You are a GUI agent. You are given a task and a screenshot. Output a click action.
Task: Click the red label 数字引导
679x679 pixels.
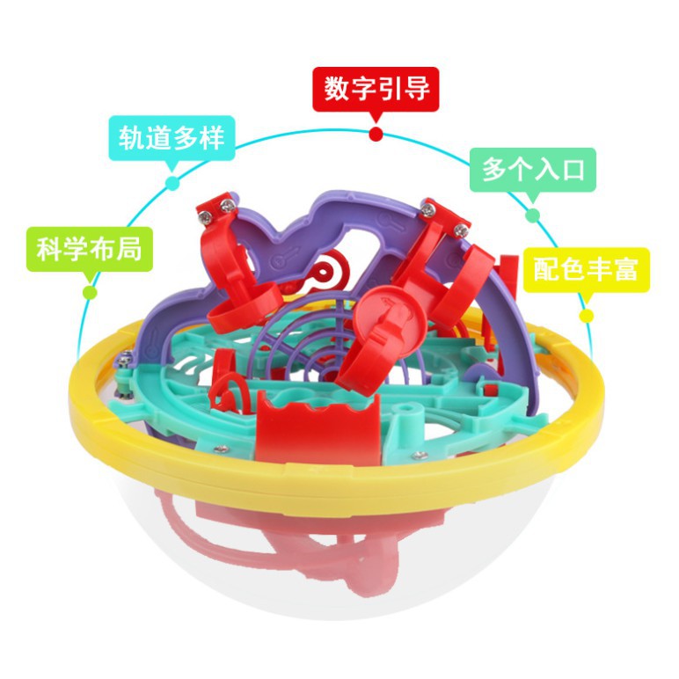pyautogui.click(x=376, y=89)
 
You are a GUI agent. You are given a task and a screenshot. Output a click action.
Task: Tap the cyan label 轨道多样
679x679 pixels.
pyautogui.click(x=172, y=138)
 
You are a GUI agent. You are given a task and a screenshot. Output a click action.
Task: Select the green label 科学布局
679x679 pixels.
pyautogui.click(x=90, y=250)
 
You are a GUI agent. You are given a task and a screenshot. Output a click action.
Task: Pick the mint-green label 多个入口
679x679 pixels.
pyautogui.click(x=533, y=170)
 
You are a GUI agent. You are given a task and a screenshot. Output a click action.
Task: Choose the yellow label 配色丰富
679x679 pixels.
pyautogui.click(x=587, y=270)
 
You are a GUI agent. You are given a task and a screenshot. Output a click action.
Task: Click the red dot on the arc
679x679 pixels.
pyautogui.click(x=376, y=135)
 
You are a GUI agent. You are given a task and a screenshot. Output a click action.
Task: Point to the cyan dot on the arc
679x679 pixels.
pyautogui.click(x=172, y=183)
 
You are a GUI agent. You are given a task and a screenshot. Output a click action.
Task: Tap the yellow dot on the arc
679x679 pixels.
pyautogui.click(x=587, y=316)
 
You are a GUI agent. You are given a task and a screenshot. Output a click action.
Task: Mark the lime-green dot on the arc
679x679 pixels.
pyautogui.click(x=90, y=292)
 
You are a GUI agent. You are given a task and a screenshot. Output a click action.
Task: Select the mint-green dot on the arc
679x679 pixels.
pyautogui.click(x=533, y=215)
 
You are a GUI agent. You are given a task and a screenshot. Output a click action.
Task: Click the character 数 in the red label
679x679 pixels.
pyautogui.click(x=337, y=89)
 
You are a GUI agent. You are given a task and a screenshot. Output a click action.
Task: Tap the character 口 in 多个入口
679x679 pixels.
pyautogui.click(x=573, y=170)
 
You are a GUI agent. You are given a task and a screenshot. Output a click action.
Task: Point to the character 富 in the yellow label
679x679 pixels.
pyautogui.click(x=624, y=269)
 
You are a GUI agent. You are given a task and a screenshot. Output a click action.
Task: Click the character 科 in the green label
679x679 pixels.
pyautogui.click(x=50, y=250)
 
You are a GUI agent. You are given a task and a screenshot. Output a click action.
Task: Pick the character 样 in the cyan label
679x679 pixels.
pyautogui.click(x=211, y=138)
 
